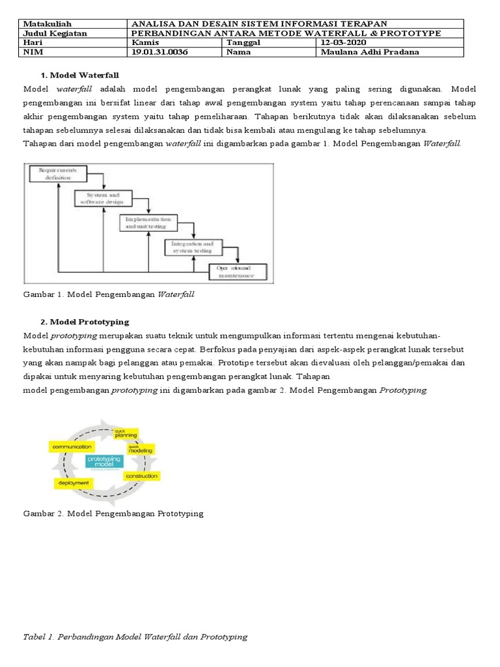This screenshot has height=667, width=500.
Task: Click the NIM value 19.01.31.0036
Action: [x=160, y=52]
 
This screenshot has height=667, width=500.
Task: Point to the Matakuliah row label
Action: [x=47, y=23]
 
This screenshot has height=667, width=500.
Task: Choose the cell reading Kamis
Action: [x=145, y=42]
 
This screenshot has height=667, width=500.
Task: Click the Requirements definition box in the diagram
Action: [x=57, y=173]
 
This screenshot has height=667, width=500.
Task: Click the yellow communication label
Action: [x=72, y=447]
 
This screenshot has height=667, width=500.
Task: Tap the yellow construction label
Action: [x=143, y=476]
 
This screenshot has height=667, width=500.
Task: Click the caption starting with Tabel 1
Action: [x=136, y=636]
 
